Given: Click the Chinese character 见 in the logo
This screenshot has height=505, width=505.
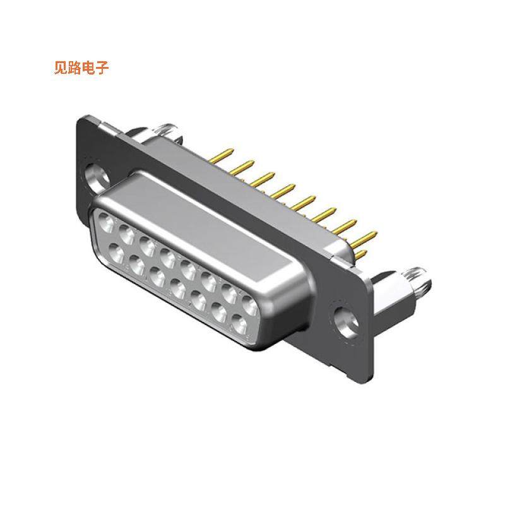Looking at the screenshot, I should pyautogui.click(x=62, y=68).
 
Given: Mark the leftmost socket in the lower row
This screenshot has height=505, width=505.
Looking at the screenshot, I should pyautogui.click(x=117, y=252).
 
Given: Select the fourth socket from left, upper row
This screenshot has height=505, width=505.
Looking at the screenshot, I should pyautogui.click(x=167, y=257).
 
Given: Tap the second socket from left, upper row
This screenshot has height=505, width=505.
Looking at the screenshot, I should pyautogui.click(x=124, y=232).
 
